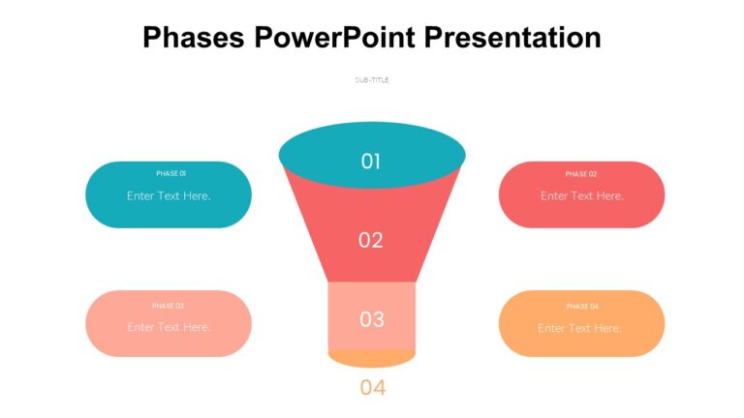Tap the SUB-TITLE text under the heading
(x=372, y=79)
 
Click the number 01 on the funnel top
(x=371, y=162)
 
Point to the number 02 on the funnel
(x=371, y=240)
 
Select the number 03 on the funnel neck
(x=372, y=319)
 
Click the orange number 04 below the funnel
(x=373, y=388)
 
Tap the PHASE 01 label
(x=170, y=174)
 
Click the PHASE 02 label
(x=581, y=174)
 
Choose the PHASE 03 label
(x=168, y=306)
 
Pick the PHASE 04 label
(x=582, y=306)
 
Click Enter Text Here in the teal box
(x=169, y=195)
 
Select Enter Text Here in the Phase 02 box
(x=582, y=195)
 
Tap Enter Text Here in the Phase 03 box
(x=169, y=327)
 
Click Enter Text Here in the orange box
(x=579, y=328)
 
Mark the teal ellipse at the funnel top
(x=320, y=155)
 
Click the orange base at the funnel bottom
(x=372, y=358)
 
